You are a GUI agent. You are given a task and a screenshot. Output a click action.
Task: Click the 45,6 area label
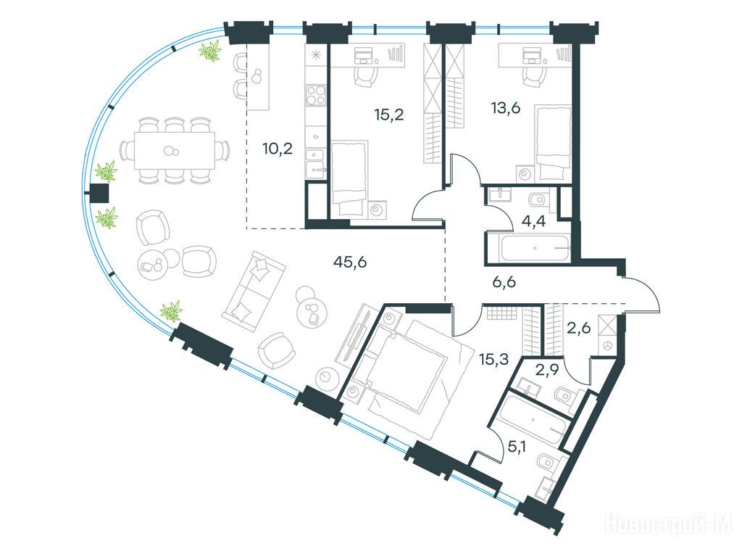point(350,262)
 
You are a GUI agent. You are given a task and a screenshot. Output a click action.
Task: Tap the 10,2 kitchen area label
point(278,149)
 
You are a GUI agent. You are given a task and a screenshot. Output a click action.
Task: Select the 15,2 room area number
point(389,115)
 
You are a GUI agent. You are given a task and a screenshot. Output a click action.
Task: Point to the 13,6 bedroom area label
point(505,109)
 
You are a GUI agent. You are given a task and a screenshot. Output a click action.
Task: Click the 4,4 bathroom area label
point(533,221)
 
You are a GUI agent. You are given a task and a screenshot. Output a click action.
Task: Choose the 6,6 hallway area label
point(502,283)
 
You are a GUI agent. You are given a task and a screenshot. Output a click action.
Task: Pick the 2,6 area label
point(578,327)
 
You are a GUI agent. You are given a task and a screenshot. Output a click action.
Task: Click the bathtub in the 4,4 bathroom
point(534,247)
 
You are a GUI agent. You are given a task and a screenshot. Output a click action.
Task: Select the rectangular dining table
point(174,151)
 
